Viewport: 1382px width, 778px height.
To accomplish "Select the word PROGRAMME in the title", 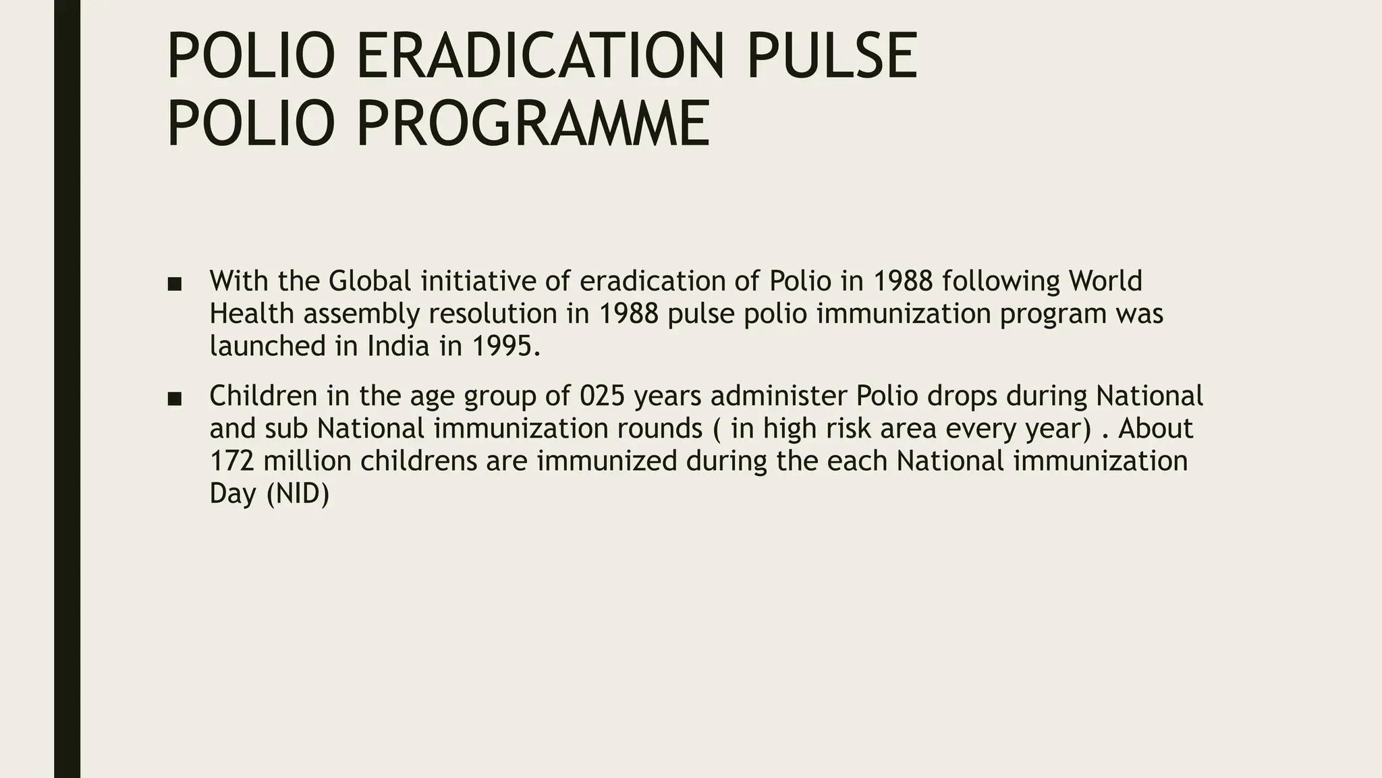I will coord(532,123).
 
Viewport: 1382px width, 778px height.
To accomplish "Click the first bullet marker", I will coord(174,284).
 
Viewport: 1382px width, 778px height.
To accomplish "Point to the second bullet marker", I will coord(174,399).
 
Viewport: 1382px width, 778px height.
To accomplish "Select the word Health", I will coord(251,313).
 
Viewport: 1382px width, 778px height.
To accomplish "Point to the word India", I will coord(398,346).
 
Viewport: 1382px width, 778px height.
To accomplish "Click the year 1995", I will coord(505,346).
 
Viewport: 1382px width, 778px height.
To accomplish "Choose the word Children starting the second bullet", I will coord(263,396).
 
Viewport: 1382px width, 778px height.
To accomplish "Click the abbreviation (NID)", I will coord(298,494).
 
